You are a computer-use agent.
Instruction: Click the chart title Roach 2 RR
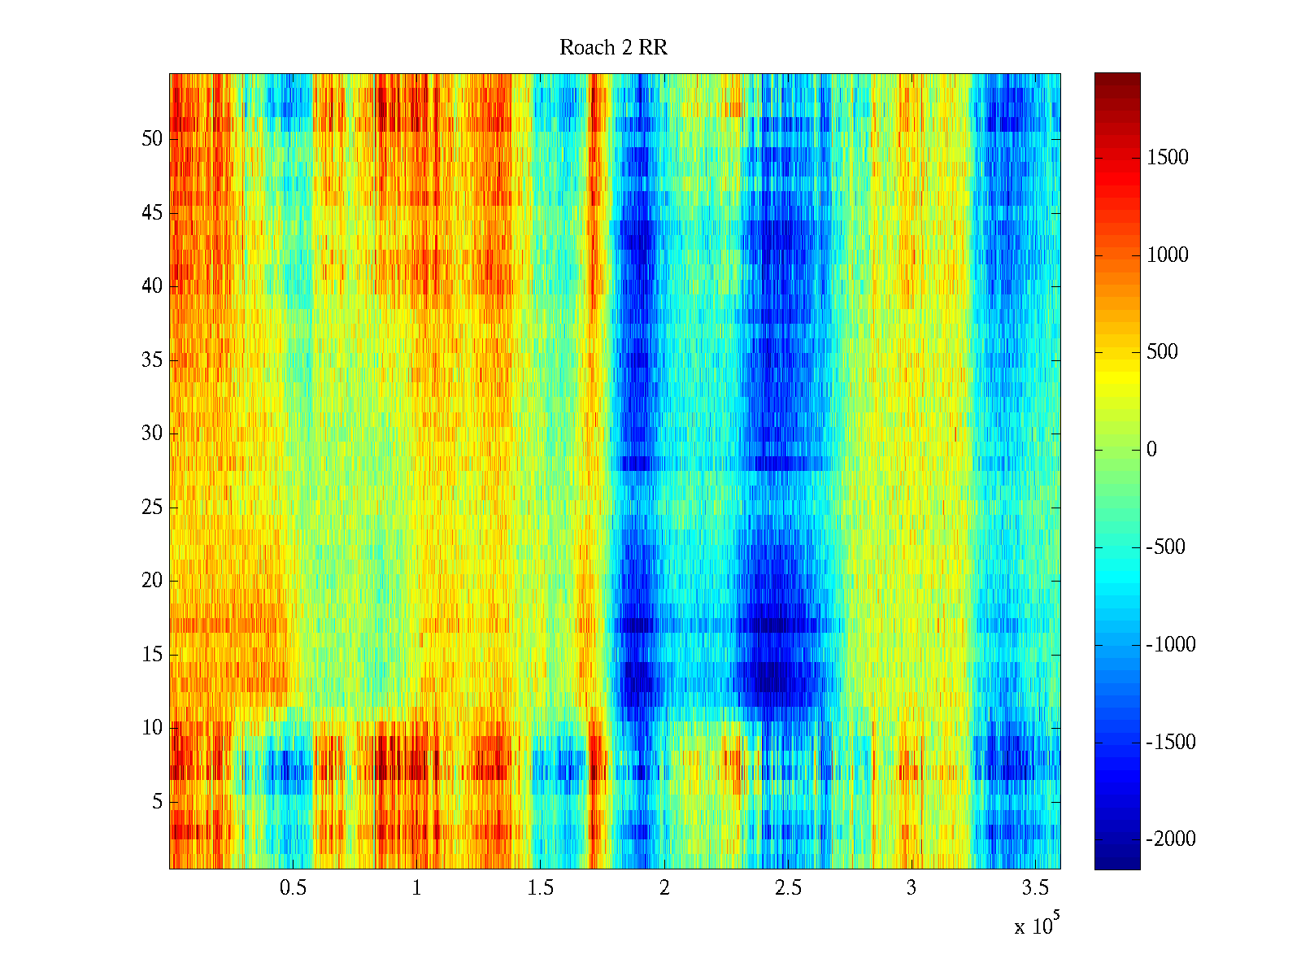pos(613,48)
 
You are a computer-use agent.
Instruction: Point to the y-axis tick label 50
pos(152,139)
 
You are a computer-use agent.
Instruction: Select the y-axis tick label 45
pos(152,213)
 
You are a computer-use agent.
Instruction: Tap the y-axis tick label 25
pos(152,508)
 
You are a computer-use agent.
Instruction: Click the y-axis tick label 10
pos(152,728)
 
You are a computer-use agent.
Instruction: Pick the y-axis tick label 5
pos(157,802)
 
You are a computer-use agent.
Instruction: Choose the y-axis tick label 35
pos(152,360)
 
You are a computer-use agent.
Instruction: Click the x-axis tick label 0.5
pos(293,888)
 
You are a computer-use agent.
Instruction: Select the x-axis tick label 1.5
pos(540,888)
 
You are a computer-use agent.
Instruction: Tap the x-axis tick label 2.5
pos(788,888)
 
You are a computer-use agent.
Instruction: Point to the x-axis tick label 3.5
pos(1035,888)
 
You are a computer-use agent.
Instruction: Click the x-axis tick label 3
pos(912,888)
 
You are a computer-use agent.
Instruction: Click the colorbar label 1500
pos(1168,158)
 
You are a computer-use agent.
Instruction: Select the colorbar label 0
pos(1151,450)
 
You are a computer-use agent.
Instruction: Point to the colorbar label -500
pos(1165,547)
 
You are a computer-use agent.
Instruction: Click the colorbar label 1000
pos(1168,255)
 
